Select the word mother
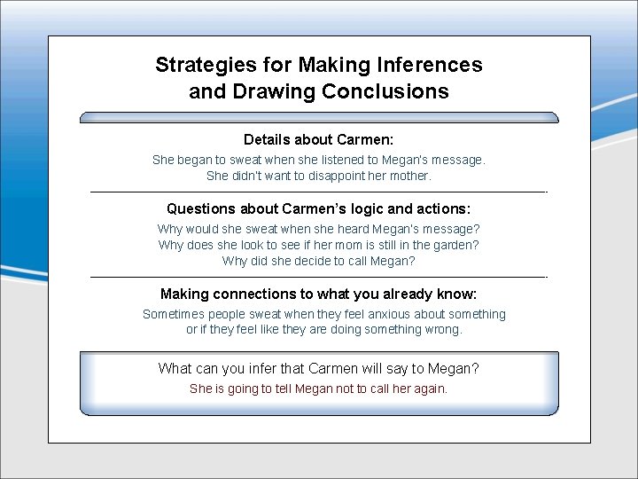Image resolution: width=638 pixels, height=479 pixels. [408, 176]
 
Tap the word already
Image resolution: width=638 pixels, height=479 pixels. [408, 294]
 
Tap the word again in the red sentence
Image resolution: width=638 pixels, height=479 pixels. [429, 389]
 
